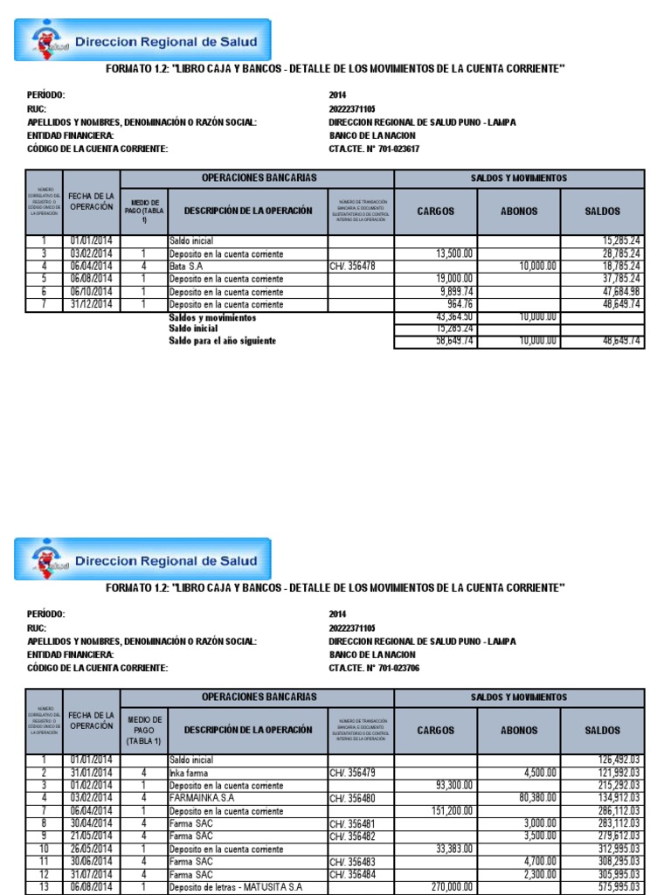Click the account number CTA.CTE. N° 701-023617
click(x=374, y=149)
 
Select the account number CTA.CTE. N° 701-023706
click(x=374, y=669)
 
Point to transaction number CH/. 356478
click(x=352, y=266)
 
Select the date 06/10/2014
click(x=91, y=292)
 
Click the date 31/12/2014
click(x=91, y=304)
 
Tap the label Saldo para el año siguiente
click(x=222, y=341)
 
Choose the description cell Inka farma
click(x=189, y=773)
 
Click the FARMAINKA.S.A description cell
click(x=202, y=798)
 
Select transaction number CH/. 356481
click(x=352, y=823)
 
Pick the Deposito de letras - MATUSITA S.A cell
click(x=237, y=887)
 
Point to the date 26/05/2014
click(x=91, y=849)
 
